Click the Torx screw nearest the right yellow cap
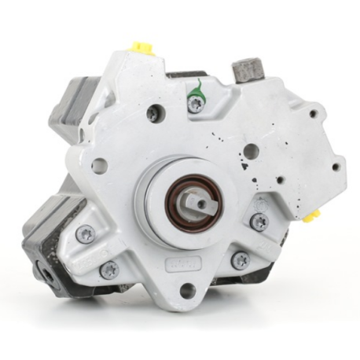point(258,222)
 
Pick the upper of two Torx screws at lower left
point(85,233)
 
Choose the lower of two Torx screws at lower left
point(109,270)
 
